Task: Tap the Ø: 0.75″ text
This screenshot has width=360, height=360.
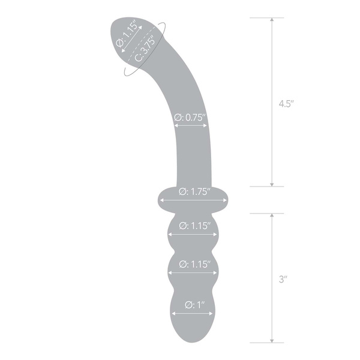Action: coord(190,118)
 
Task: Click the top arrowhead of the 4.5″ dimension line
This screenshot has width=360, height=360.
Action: coord(272,20)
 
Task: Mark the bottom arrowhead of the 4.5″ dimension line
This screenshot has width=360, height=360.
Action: coord(272,184)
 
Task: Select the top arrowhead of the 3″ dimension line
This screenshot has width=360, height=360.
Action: coord(272,214)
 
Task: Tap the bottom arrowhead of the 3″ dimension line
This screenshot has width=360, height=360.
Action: coord(272,340)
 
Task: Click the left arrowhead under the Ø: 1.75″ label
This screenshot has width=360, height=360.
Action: coord(160,200)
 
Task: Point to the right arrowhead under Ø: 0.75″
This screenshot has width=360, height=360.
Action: coord(205,126)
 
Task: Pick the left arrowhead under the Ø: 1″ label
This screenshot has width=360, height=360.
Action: coord(174,312)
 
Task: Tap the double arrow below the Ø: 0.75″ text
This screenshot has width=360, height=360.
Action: coord(190,126)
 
